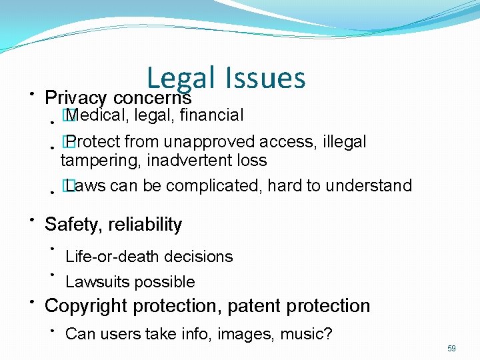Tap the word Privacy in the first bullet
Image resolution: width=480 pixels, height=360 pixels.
75,98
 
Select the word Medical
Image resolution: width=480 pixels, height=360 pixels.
98,115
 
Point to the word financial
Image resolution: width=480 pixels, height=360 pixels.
213,115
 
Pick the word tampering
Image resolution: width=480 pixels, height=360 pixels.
93,161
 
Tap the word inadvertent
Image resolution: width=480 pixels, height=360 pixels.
182,161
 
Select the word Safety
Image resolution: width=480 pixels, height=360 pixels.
69,225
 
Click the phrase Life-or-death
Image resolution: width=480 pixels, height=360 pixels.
109,257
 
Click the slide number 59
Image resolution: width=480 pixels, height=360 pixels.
451,349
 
